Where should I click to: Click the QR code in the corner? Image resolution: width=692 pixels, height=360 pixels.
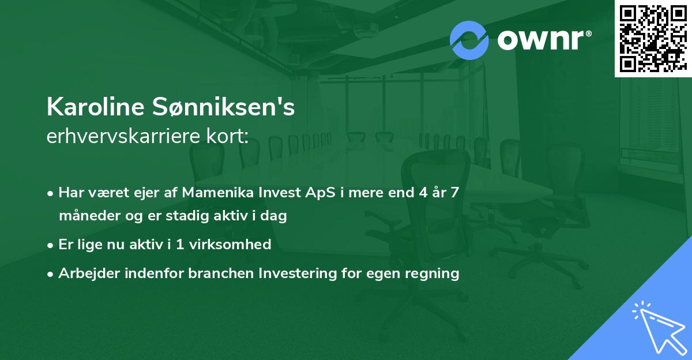[x=653, y=39]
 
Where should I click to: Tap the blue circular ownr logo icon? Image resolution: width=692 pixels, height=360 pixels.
[x=469, y=39]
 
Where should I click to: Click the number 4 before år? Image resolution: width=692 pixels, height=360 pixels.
[x=424, y=192]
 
